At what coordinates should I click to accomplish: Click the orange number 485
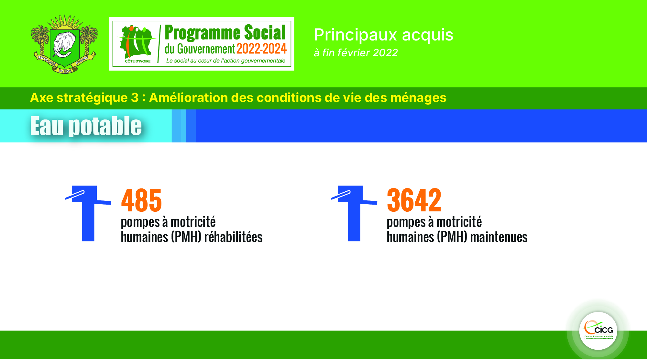coord(141,200)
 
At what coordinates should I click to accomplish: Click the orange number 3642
coord(414,200)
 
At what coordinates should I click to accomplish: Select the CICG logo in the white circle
coord(598,331)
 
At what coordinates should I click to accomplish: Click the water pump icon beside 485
coord(88,213)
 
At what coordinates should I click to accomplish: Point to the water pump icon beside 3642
coord(354,213)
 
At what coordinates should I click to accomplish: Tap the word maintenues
coord(499,237)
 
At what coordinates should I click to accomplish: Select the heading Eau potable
coord(86,126)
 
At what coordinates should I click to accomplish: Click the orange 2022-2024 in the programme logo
coord(261,49)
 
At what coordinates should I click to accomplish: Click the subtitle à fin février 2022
coord(356,53)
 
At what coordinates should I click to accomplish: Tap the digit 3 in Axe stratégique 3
coord(135,98)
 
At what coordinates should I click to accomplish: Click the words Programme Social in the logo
coord(225,33)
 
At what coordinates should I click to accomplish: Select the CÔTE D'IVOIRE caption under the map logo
coord(138,61)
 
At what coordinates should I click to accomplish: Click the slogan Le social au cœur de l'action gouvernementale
coord(226,61)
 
